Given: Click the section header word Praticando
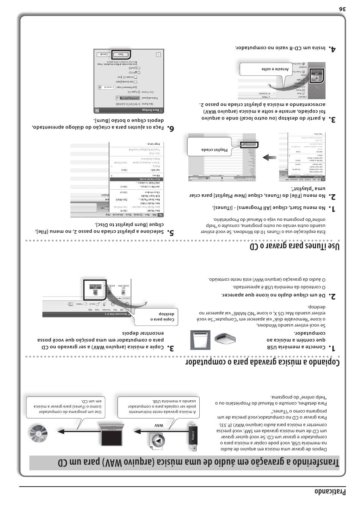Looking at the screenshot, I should pos(330,492).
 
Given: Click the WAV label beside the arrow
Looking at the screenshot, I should pos(158,426).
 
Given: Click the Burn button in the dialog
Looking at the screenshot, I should pos(121,54).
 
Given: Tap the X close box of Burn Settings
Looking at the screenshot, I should pos(97,110).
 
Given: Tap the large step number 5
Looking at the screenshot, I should pos(171,232).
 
